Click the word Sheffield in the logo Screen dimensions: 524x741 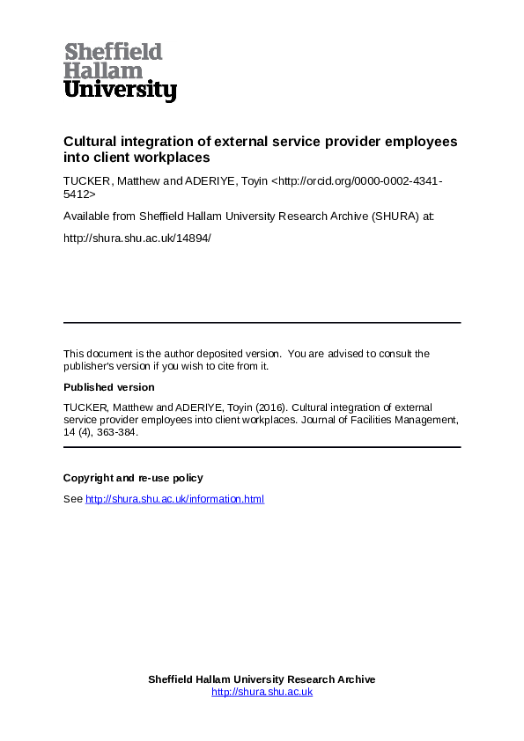113,52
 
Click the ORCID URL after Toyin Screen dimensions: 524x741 352,181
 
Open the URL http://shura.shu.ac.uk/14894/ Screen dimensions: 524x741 137,238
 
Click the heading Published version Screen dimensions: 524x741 108,387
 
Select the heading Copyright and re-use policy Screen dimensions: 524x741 133,478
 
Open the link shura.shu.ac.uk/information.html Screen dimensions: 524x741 174,499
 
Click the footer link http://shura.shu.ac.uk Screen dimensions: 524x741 262,692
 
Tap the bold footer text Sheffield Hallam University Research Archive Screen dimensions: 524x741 262,679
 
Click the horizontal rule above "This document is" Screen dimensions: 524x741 262,322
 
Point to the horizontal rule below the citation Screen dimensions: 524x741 262,447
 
